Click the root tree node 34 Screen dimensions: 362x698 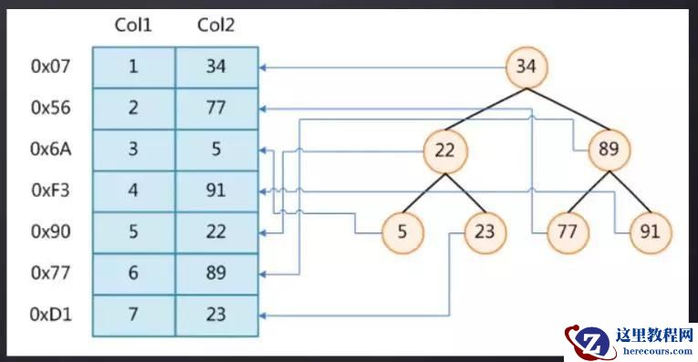526,66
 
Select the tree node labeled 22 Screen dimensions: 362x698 444,149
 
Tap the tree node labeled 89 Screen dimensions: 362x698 608,149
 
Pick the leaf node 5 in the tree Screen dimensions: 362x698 402,232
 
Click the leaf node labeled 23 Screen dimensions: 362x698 484,232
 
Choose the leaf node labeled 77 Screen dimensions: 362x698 567,232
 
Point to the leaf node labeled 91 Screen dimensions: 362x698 650,232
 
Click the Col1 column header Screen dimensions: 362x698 133,25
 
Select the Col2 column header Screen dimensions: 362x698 216,25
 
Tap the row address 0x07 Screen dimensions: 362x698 50,67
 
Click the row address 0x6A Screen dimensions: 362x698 50,150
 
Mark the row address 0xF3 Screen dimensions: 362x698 50,191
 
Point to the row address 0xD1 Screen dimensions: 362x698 50,315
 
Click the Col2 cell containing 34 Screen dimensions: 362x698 216,67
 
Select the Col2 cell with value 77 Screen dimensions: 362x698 216,108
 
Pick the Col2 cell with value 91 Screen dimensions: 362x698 216,191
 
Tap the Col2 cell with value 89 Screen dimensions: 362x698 216,274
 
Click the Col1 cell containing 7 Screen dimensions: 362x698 133,315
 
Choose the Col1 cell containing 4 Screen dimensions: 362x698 133,191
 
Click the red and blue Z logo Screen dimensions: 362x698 589,341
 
